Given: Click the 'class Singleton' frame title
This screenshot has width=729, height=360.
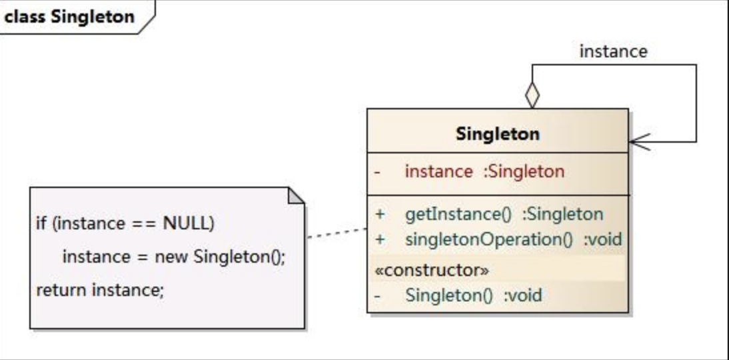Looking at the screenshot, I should pyautogui.click(x=69, y=16).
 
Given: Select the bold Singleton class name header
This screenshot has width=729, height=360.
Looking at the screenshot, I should pyautogui.click(x=497, y=133).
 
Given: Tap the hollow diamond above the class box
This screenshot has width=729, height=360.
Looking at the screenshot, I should pyautogui.click(x=532, y=96).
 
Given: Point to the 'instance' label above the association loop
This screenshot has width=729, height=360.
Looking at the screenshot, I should pyautogui.click(x=613, y=51).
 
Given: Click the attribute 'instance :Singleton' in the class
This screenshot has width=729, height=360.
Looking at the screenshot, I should pyautogui.click(x=484, y=171).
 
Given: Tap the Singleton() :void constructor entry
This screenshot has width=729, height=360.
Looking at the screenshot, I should pyautogui.click(x=473, y=295).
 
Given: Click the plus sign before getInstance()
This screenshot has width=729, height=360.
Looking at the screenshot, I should pyautogui.click(x=380, y=215).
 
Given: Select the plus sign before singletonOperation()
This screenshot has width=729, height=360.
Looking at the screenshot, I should pyautogui.click(x=380, y=239).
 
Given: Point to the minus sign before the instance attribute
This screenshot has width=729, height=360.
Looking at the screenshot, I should pyautogui.click(x=378, y=172).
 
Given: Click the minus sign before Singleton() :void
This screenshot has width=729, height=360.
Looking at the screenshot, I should pyautogui.click(x=378, y=295).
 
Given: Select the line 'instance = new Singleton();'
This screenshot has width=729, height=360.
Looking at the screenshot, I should pyautogui.click(x=173, y=257).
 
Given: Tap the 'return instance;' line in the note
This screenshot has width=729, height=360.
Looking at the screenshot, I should pyautogui.click(x=99, y=290).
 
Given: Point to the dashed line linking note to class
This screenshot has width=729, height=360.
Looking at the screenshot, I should pyautogui.click(x=337, y=233).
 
